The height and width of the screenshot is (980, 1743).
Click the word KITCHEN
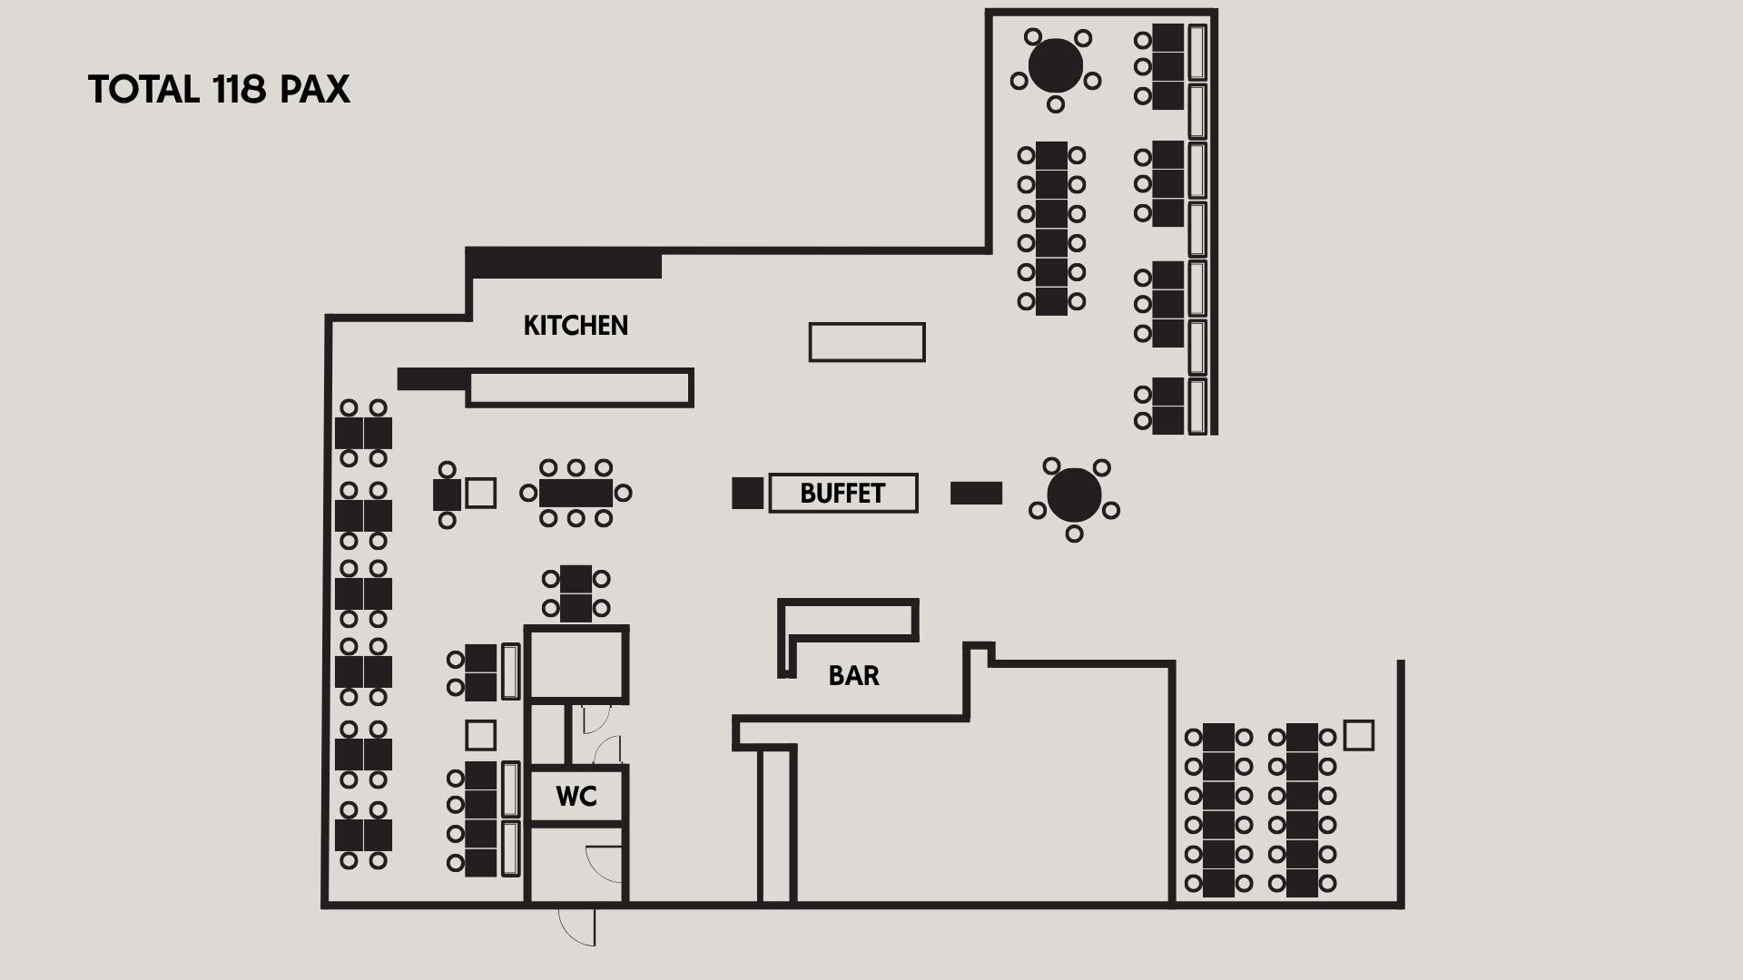pyautogui.click(x=576, y=326)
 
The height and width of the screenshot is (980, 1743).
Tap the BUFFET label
pyautogui.click(x=842, y=494)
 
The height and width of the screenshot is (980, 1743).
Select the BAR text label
pyautogui.click(x=854, y=676)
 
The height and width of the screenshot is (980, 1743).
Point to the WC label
pyautogui.click(x=576, y=797)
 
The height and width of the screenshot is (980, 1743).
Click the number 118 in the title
pyautogui.click(x=240, y=90)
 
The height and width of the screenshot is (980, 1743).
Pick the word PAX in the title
pyautogui.click(x=315, y=90)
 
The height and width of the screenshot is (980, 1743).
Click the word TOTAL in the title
pyautogui.click(x=143, y=90)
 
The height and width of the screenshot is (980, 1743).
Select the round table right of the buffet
pyautogui.click(x=1074, y=495)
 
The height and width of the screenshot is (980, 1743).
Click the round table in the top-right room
pyautogui.click(x=1056, y=64)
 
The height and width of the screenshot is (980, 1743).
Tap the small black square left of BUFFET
pyautogui.click(x=748, y=493)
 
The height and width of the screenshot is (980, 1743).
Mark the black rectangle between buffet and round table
pyautogui.click(x=976, y=493)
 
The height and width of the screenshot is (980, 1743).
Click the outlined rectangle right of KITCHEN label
pyautogui.click(x=867, y=342)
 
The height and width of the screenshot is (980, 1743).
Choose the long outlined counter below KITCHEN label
pyautogui.click(x=580, y=387)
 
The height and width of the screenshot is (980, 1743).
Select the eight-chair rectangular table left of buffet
pyautogui.click(x=576, y=494)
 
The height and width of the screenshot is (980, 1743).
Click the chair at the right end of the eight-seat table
pyautogui.click(x=623, y=494)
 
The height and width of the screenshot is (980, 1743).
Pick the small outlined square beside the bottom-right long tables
pyautogui.click(x=1359, y=735)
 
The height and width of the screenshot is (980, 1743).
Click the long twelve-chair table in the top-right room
pyautogui.click(x=1051, y=229)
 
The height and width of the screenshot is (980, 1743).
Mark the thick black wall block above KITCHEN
pyautogui.click(x=564, y=262)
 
